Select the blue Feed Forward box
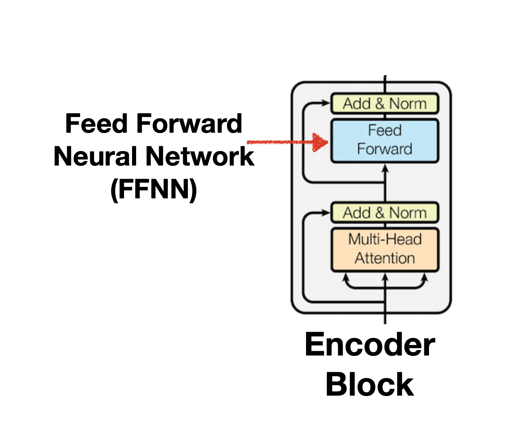(x=385, y=141)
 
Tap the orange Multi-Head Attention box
(x=385, y=250)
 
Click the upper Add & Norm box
(x=385, y=104)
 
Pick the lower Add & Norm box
(x=385, y=213)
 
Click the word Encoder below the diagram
(x=370, y=345)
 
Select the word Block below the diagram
(x=370, y=384)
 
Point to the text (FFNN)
(x=154, y=189)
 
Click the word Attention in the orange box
(x=385, y=259)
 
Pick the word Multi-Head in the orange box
(x=385, y=240)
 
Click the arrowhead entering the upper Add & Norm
(x=325, y=104)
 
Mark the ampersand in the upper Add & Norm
(x=380, y=104)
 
